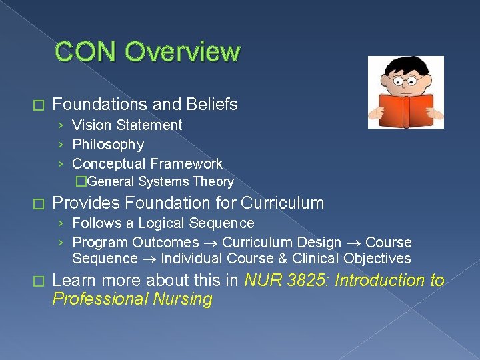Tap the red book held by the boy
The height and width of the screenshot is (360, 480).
click(x=405, y=107)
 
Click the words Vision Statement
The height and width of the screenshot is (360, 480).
click(x=127, y=125)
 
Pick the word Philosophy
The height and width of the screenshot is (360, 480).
click(x=108, y=145)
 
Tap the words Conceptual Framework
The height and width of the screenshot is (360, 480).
click(x=147, y=164)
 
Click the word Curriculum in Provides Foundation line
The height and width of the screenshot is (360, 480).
click(x=283, y=203)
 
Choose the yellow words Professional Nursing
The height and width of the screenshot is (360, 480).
click(x=132, y=299)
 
